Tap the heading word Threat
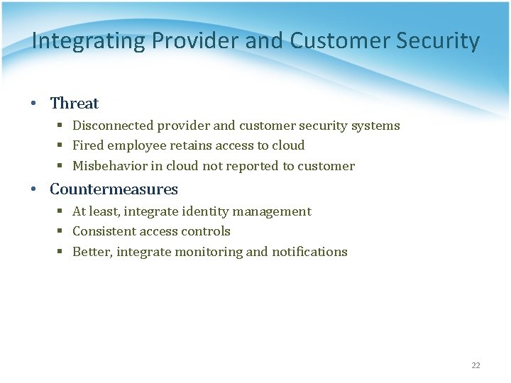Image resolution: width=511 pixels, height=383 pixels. pyautogui.click(x=75, y=104)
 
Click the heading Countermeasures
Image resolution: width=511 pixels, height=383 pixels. pyautogui.click(x=114, y=189)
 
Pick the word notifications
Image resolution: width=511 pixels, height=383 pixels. pyautogui.click(x=309, y=252)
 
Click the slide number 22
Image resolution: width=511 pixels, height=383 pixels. pyautogui.click(x=476, y=365)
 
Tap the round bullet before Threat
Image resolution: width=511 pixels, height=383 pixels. pyautogui.click(x=34, y=104)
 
